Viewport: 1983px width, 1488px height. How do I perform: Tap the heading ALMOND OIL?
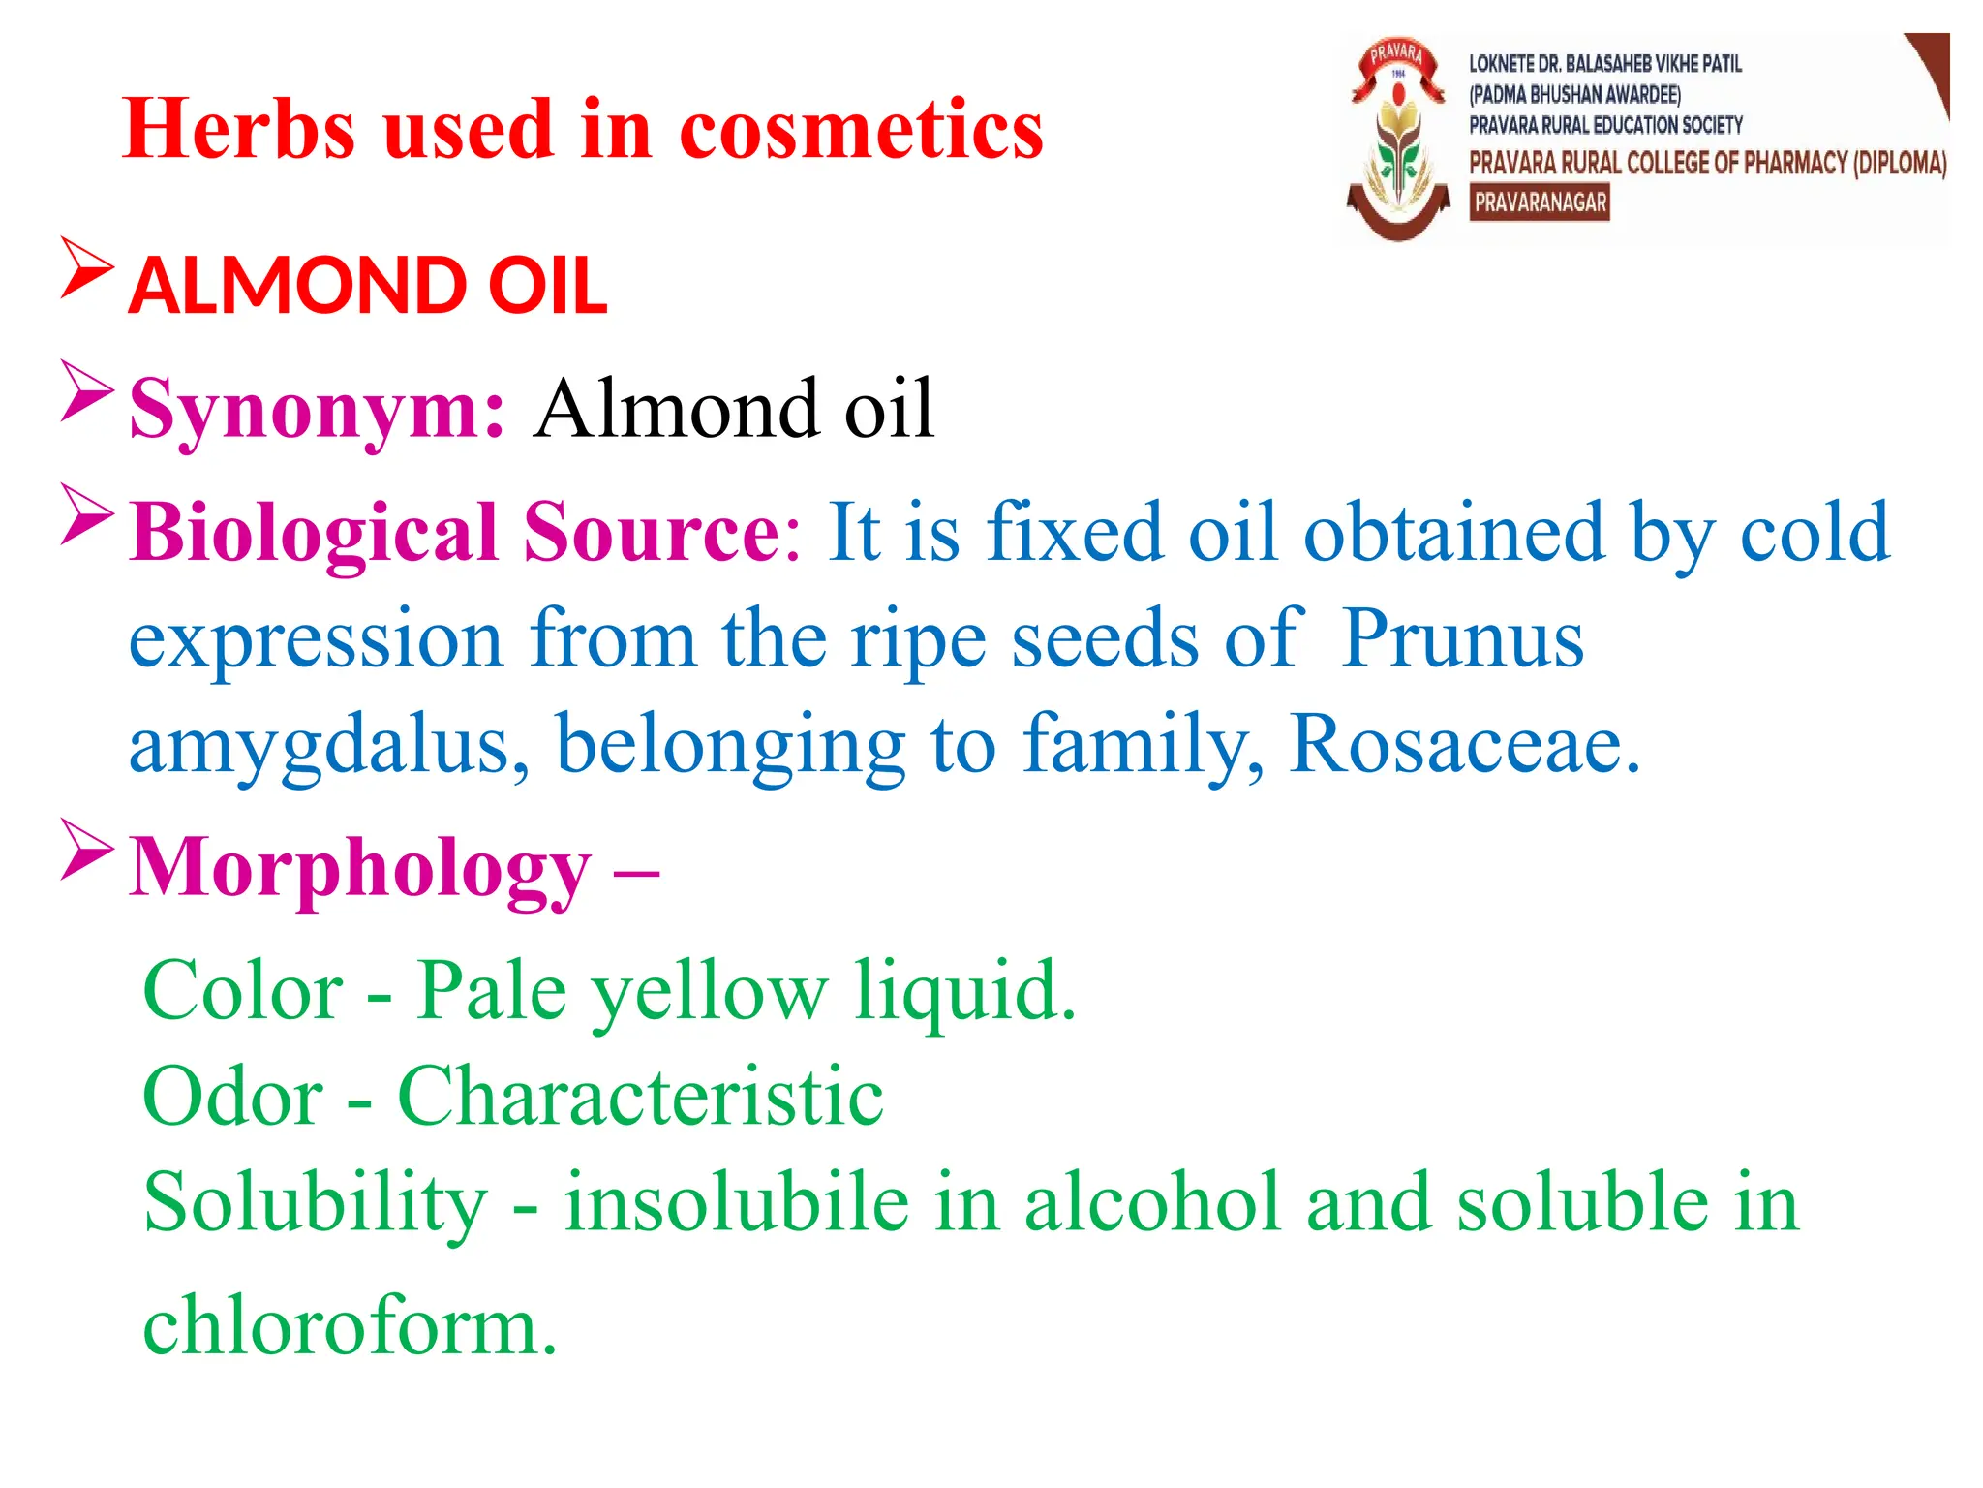click(x=368, y=286)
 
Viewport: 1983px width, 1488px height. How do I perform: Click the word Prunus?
click(x=1462, y=639)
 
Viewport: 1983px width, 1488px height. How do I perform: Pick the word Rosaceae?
click(x=1464, y=744)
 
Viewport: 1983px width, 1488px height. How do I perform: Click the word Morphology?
click(x=360, y=869)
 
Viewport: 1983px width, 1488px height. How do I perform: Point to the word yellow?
click(x=710, y=992)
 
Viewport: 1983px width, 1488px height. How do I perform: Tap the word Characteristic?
click(x=640, y=1097)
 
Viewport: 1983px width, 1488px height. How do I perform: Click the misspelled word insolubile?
click(x=737, y=1202)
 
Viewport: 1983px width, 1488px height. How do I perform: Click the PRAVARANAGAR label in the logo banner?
click(x=1540, y=203)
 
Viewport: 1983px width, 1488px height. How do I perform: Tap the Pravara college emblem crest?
click(x=1398, y=140)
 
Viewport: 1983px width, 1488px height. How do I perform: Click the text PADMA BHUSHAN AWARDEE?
click(x=1574, y=95)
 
